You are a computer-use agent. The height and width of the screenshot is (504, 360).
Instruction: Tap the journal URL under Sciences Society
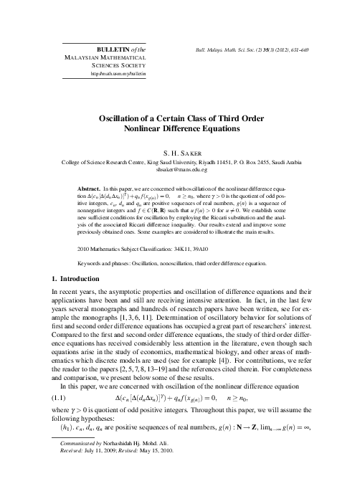(x=118, y=73)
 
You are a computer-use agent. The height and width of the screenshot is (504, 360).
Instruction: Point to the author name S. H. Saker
(x=180, y=153)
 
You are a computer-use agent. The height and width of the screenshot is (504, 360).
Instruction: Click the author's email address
(x=180, y=172)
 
